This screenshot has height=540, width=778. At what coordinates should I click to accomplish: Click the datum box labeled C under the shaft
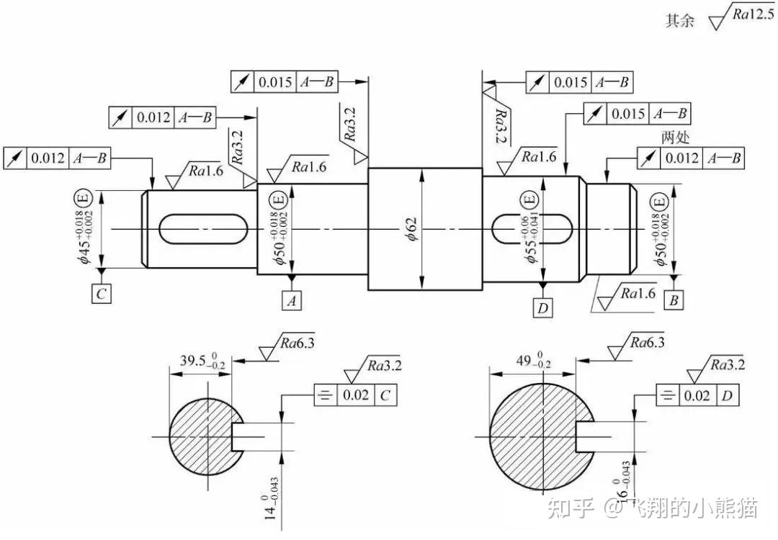(x=102, y=293)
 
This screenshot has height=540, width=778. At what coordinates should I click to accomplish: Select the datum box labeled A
(x=292, y=300)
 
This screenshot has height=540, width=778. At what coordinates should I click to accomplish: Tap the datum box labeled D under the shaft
(x=543, y=307)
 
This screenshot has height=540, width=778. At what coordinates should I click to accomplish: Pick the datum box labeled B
(x=674, y=300)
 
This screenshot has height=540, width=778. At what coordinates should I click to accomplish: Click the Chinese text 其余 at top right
(x=680, y=20)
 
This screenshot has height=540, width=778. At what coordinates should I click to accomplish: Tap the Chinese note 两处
(x=675, y=136)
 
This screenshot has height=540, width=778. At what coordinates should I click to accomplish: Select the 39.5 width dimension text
(x=203, y=361)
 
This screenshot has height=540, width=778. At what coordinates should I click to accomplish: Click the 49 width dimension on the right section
(x=533, y=361)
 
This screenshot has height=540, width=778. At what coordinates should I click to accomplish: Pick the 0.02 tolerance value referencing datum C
(x=356, y=395)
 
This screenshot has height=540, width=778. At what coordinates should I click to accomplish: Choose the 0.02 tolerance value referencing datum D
(x=697, y=395)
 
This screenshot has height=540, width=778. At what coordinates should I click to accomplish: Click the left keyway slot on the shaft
(x=203, y=229)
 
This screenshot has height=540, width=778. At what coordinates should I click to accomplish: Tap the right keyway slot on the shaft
(x=532, y=229)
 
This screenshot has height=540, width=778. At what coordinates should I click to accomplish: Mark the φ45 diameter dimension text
(x=84, y=236)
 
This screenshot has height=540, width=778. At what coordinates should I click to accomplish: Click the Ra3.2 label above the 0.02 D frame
(x=728, y=365)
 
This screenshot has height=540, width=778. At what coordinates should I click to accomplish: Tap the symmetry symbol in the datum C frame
(x=326, y=395)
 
